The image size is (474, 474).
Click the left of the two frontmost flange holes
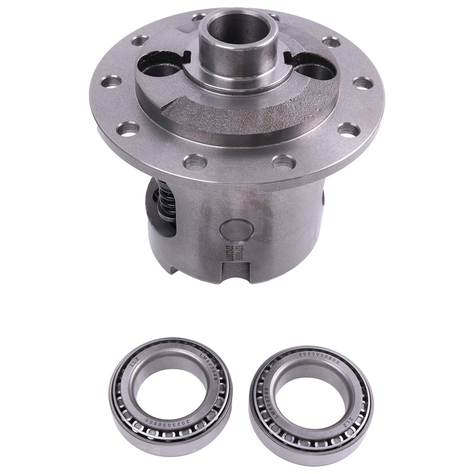pos(193,161)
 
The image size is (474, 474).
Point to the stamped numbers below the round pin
pos(228,254)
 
